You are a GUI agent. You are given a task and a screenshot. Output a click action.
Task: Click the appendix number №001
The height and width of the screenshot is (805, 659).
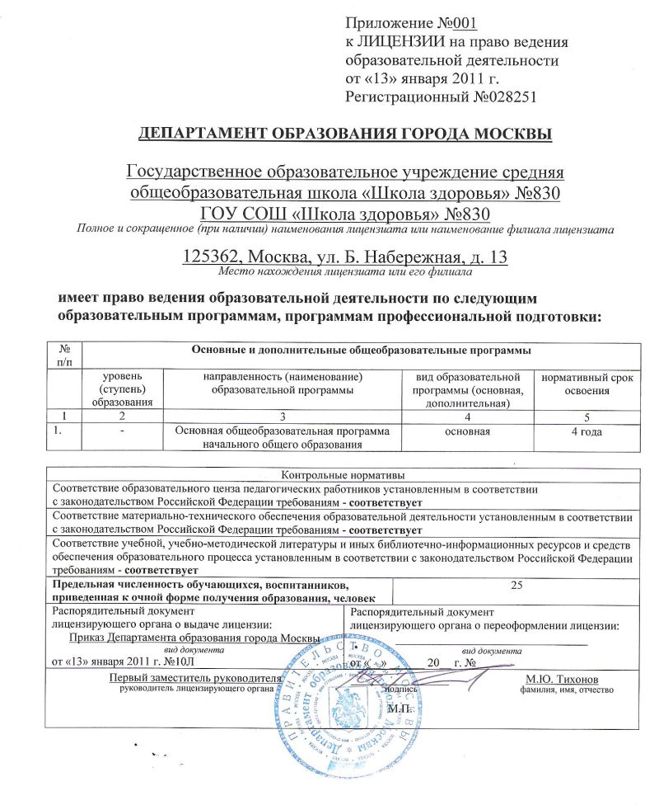pyautogui.click(x=452, y=23)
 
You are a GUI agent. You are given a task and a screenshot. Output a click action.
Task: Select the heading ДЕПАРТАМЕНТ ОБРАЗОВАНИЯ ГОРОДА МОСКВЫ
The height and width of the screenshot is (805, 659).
pyautogui.click(x=344, y=134)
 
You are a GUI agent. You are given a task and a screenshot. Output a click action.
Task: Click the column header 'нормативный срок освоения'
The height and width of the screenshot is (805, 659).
pyautogui.click(x=587, y=384)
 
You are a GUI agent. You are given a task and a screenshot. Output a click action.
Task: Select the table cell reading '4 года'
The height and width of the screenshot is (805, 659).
pyautogui.click(x=587, y=431)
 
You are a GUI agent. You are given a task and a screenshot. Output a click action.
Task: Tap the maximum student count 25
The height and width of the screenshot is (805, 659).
pyautogui.click(x=516, y=585)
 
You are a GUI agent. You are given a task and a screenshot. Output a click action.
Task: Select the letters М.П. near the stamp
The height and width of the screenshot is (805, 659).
pyautogui.click(x=399, y=708)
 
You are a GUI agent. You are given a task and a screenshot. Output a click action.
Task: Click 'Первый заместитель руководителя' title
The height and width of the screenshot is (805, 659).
pyautogui.click(x=196, y=678)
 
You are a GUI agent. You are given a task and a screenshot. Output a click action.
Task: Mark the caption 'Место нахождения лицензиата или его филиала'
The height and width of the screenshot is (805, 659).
pyautogui.click(x=343, y=271)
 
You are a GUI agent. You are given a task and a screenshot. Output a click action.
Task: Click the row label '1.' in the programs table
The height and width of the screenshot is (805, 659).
pyautogui.click(x=58, y=431)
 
